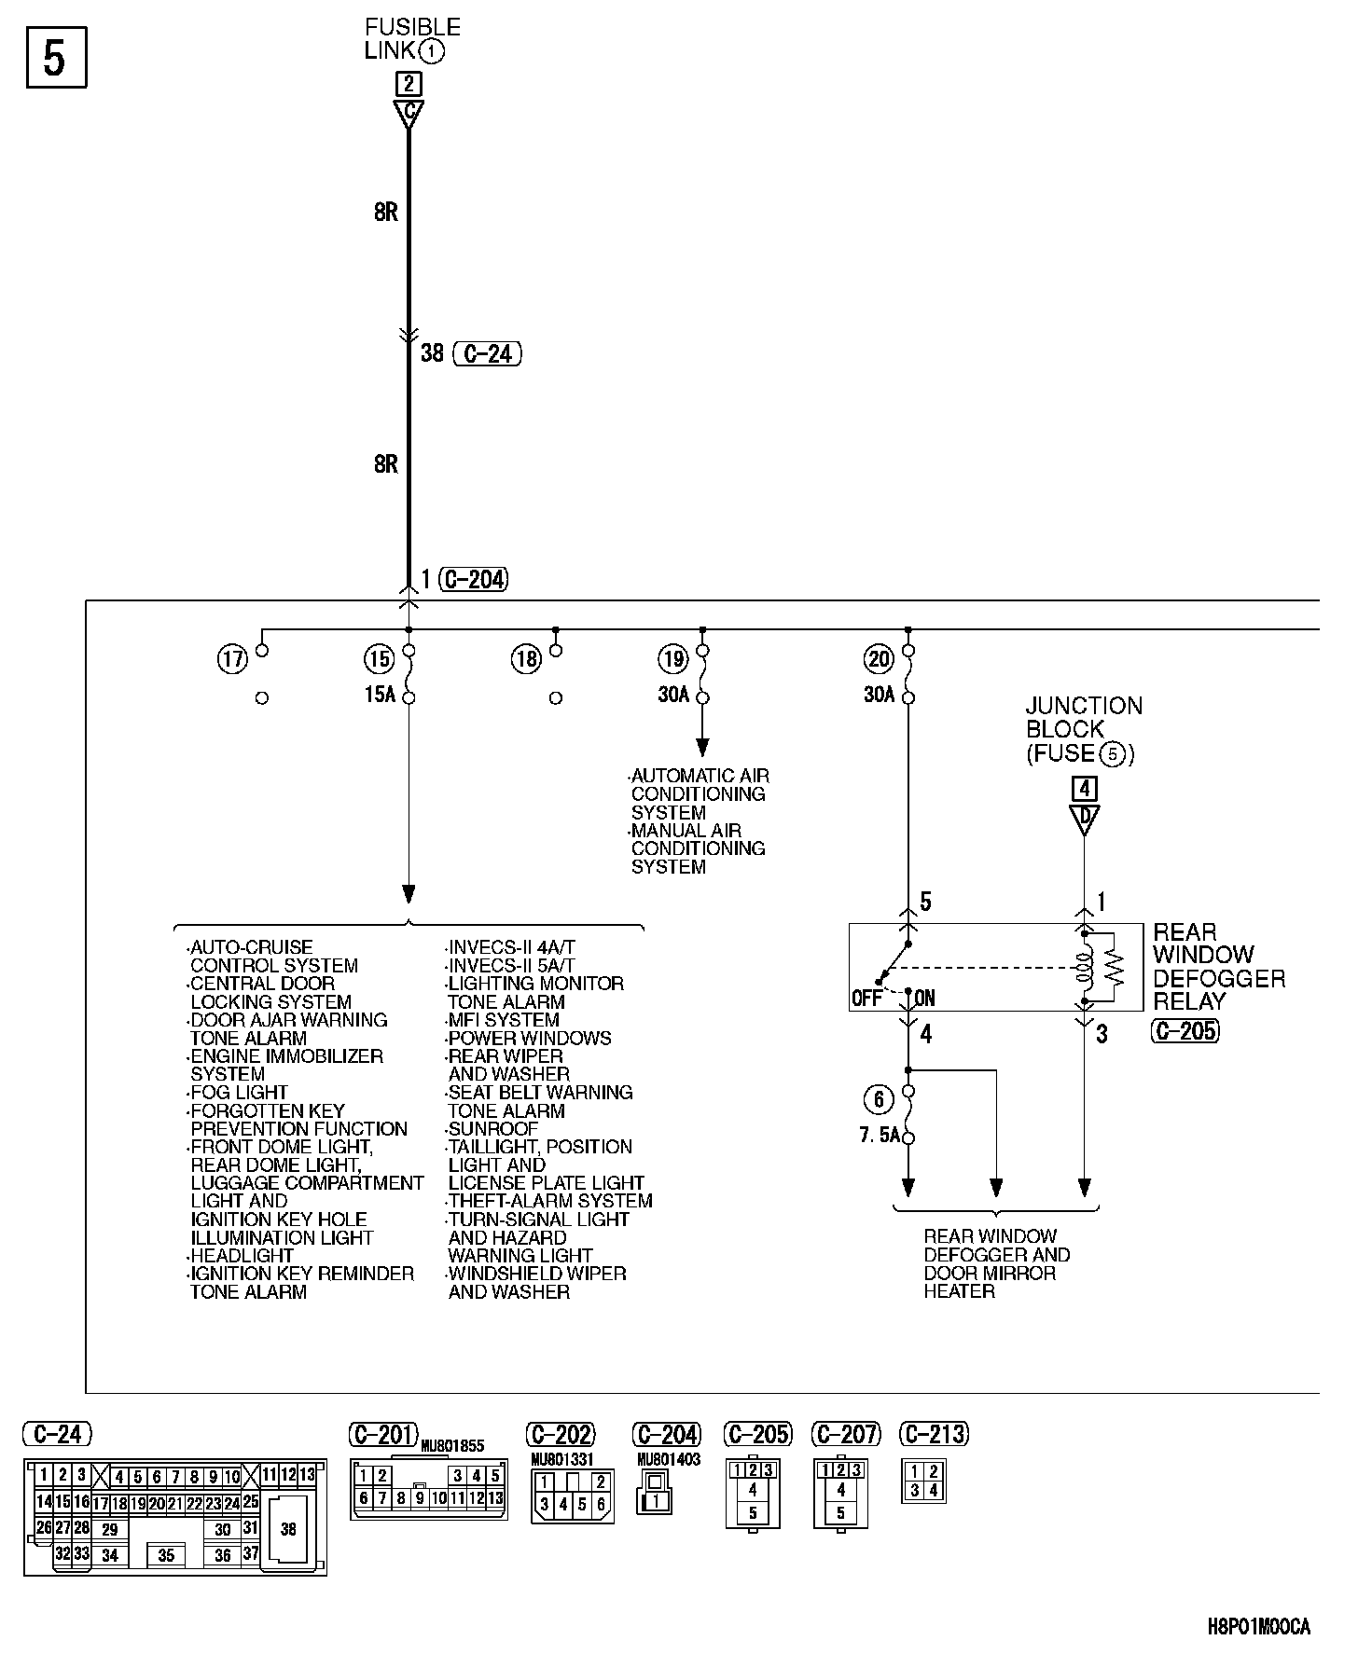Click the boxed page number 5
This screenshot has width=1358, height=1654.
pyautogui.click(x=56, y=58)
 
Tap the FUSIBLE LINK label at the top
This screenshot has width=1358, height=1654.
pyautogui.click(x=411, y=39)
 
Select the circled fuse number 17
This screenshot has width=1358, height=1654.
pyautogui.click(x=232, y=660)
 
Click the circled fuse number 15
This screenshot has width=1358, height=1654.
pyautogui.click(x=379, y=660)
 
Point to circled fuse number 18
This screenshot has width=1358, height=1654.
pyautogui.click(x=526, y=660)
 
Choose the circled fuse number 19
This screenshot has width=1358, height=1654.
pyautogui.click(x=672, y=660)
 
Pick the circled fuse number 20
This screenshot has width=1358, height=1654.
pyautogui.click(x=879, y=660)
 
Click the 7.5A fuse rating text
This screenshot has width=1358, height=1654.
pyautogui.click(x=880, y=1137)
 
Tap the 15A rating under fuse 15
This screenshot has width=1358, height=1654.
pyautogui.click(x=380, y=696)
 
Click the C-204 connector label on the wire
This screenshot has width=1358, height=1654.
pyautogui.click(x=475, y=580)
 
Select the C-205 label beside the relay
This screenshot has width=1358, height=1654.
pyautogui.click(x=1185, y=1031)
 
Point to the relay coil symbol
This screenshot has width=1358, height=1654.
pyautogui.click(x=1084, y=968)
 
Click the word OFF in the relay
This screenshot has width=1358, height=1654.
pyautogui.click(x=866, y=999)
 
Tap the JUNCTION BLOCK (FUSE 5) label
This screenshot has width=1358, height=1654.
pyautogui.click(x=1084, y=730)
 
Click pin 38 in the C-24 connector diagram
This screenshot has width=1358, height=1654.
pyautogui.click(x=288, y=1529)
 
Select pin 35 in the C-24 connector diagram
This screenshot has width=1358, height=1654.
pyautogui.click(x=166, y=1555)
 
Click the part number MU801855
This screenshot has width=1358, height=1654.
pyautogui.click(x=453, y=1446)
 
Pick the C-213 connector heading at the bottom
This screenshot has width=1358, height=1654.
pyautogui.click(x=935, y=1434)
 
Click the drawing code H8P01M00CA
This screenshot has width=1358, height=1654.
pyautogui.click(x=1259, y=1627)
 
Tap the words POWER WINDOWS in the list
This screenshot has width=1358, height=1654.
pyautogui.click(x=530, y=1038)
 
